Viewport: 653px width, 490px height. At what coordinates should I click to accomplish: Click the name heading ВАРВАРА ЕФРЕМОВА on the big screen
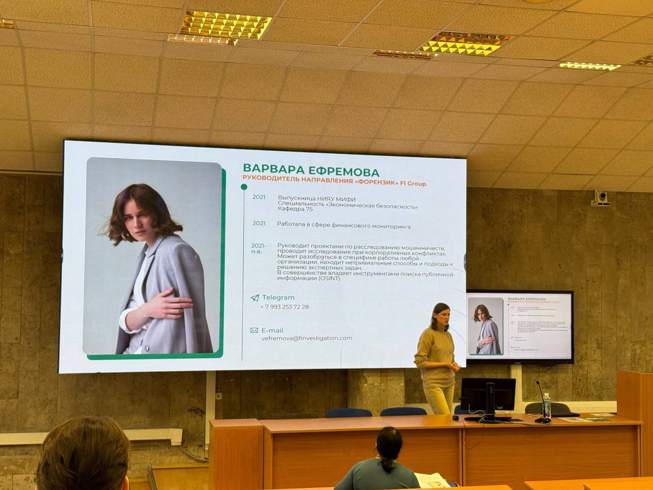[x=311, y=170]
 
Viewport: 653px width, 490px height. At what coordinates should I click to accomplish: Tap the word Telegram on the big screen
[x=278, y=298]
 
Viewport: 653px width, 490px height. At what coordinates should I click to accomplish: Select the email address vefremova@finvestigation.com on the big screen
[x=307, y=338]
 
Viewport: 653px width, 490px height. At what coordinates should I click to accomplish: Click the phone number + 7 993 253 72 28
[x=284, y=307]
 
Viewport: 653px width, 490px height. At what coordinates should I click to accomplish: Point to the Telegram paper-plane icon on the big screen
[x=255, y=298]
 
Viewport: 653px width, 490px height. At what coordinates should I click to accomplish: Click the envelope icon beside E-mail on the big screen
[x=254, y=330]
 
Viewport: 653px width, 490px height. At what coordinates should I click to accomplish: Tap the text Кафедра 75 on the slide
[x=295, y=209]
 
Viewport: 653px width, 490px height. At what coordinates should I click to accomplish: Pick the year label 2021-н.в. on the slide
[x=259, y=249]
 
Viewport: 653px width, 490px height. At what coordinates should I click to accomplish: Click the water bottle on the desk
[x=546, y=406]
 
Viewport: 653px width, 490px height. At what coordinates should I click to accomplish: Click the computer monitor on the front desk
[x=488, y=395]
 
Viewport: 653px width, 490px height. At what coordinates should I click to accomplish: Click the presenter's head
[x=440, y=315]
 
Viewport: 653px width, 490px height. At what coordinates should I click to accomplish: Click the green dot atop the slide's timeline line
[x=244, y=187]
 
